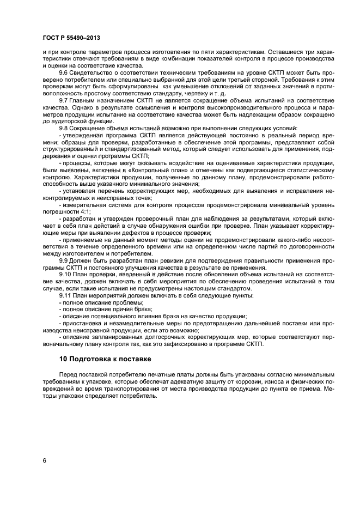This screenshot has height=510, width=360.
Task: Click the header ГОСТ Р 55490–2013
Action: [x=68, y=37]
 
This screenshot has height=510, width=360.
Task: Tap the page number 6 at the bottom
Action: [x=44, y=460]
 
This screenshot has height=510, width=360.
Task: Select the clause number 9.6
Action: [x=64, y=72]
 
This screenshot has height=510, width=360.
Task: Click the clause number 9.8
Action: [x=64, y=129]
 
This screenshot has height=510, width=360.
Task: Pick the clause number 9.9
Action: [x=64, y=260]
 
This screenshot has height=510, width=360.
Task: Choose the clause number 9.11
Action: [x=66, y=295]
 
